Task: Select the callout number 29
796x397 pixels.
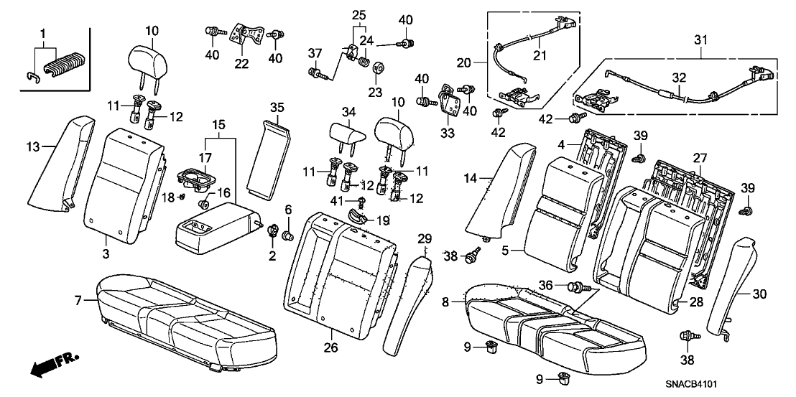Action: (423, 238)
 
